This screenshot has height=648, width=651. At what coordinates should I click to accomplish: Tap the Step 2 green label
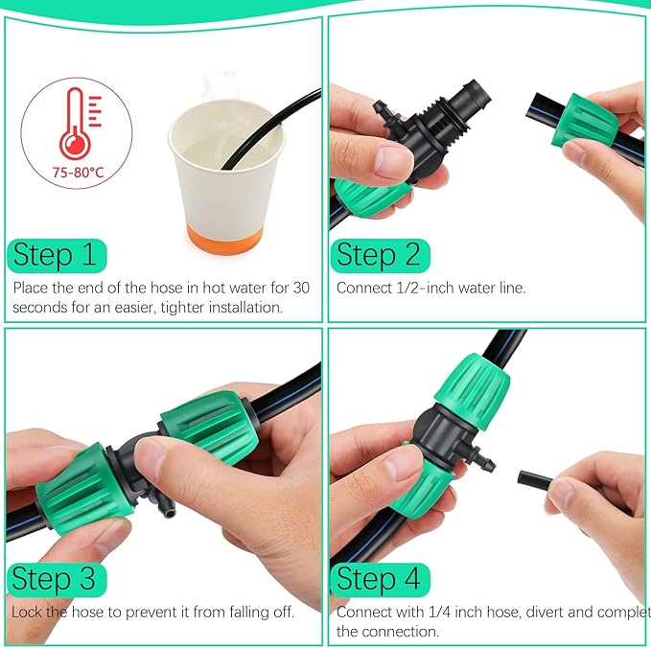tap(380, 255)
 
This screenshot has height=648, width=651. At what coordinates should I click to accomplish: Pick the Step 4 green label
tap(380, 579)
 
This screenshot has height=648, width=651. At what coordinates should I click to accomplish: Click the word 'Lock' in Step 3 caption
tap(29, 611)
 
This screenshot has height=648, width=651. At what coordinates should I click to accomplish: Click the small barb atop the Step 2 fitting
tap(384, 108)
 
